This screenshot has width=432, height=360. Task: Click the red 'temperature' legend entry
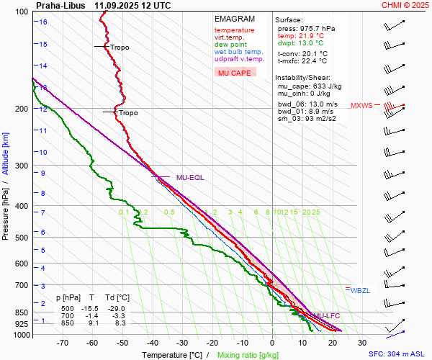234,30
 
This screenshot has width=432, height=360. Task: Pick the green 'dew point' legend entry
230,45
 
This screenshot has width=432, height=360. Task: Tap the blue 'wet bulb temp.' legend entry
238,52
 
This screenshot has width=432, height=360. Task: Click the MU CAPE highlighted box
235,73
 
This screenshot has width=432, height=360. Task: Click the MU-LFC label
326,315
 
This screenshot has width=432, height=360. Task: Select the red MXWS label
361,106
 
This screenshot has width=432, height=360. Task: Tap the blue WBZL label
360,290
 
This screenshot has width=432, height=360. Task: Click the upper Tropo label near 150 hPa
120,48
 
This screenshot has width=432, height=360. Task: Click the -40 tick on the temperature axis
153,343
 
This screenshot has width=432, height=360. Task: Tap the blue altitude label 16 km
44,22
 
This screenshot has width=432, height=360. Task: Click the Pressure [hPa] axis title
6,210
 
